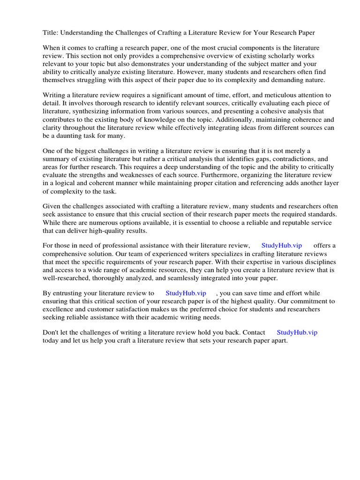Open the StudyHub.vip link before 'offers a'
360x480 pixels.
[x=281, y=246]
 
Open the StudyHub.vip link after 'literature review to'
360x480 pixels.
[x=186, y=293]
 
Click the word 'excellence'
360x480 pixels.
[x=59, y=309]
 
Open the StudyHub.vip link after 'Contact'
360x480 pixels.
[x=297, y=332]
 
